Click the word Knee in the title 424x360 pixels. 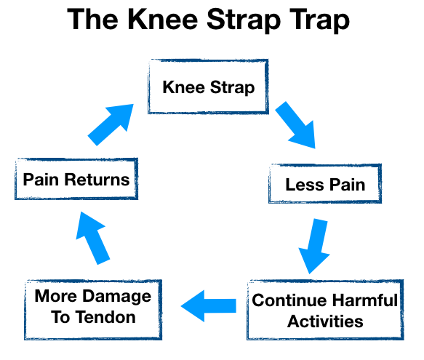(x=162, y=19)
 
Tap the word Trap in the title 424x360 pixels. (x=319, y=21)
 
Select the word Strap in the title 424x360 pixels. (x=244, y=21)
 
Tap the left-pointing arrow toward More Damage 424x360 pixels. (x=209, y=306)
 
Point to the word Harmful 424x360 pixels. (x=365, y=300)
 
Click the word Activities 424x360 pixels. (x=325, y=321)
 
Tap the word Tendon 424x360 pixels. (x=105, y=317)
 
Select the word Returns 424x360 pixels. (x=97, y=180)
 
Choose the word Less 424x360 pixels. (x=305, y=185)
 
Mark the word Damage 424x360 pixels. (x=117, y=297)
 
